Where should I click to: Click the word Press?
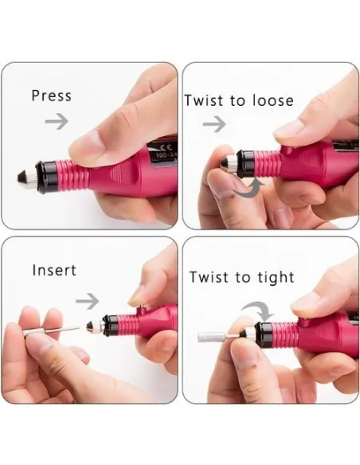(52, 96)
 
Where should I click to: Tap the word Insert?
(54, 270)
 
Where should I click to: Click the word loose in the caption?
(273, 100)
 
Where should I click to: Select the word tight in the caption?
(276, 278)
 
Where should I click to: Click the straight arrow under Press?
(57, 121)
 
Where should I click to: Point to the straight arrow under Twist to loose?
(214, 123)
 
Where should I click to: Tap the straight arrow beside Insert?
(87, 301)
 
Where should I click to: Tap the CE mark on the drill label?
(163, 147)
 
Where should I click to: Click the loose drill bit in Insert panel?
(51, 331)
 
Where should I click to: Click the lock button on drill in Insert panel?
(141, 311)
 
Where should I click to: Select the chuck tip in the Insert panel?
(91, 326)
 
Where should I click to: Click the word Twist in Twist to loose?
(204, 100)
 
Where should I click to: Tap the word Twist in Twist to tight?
(209, 278)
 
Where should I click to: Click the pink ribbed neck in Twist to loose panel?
(268, 162)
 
